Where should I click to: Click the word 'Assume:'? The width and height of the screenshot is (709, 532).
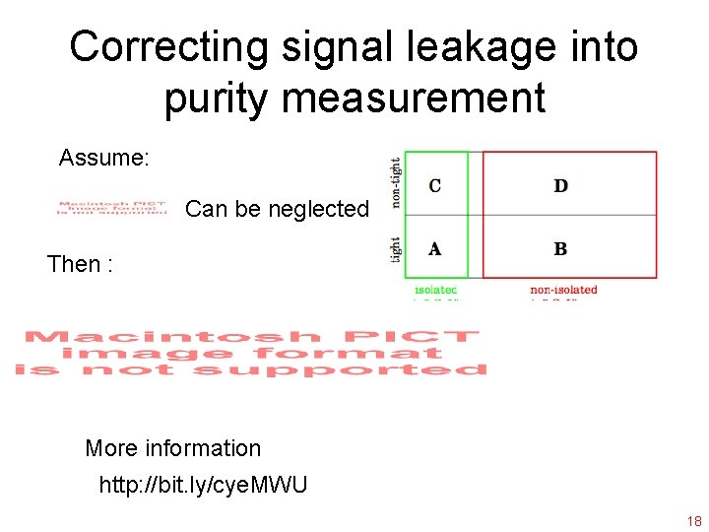[103, 158]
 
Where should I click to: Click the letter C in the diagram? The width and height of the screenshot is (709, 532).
[435, 185]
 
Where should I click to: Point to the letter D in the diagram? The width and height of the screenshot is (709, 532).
[560, 185]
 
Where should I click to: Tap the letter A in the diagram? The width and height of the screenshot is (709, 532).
[435, 248]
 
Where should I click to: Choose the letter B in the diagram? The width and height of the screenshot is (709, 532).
[560, 248]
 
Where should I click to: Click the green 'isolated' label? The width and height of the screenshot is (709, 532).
[436, 290]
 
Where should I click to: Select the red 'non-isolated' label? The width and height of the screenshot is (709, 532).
[563, 290]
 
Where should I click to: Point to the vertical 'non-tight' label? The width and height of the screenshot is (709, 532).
[396, 182]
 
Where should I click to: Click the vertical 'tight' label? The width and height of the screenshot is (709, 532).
[396, 247]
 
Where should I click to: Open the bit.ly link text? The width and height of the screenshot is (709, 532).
[203, 485]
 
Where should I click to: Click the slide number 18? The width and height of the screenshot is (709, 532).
[693, 521]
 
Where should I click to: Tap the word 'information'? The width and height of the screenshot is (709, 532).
[204, 448]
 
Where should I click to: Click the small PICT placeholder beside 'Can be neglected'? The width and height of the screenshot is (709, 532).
[112, 209]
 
